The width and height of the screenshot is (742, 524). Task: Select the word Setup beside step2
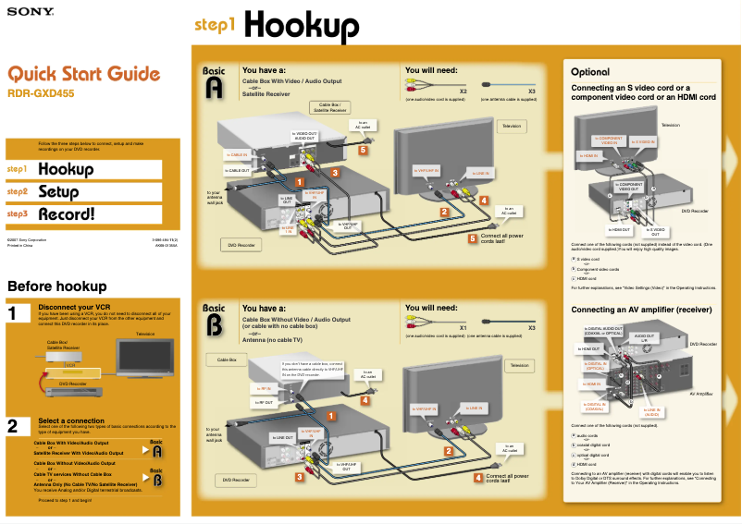click(x=58, y=192)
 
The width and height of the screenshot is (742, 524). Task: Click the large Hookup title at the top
click(x=302, y=25)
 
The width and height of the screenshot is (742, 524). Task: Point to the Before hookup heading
click(x=56, y=286)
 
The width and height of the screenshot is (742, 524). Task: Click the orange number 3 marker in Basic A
click(x=335, y=173)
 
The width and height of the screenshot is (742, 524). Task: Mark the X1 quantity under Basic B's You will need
click(x=463, y=327)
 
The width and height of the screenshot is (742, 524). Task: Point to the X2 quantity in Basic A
click(x=463, y=91)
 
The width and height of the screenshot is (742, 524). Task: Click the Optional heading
click(x=590, y=71)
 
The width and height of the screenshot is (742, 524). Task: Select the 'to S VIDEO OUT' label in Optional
click(x=655, y=229)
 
